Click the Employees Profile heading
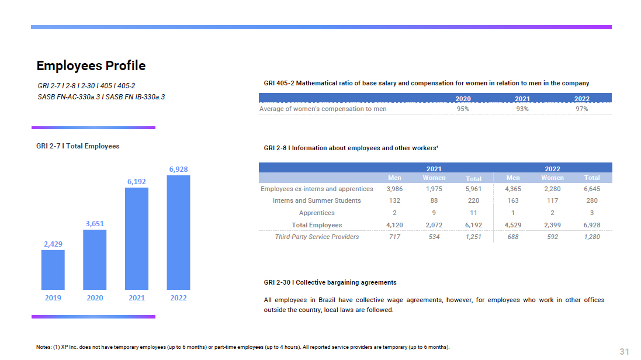91,65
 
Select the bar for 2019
53,269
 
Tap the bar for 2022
178,233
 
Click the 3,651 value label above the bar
95,223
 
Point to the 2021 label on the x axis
137,298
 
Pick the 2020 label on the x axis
95,298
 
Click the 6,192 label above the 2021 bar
137,182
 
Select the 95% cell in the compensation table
463,109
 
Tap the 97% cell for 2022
581,109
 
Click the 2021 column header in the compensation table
522,99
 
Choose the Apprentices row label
317,213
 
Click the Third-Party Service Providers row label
317,237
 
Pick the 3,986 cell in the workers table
394,189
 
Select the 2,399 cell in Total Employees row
552,225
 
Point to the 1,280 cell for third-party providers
591,237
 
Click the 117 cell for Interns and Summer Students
552,200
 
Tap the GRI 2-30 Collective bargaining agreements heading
330,283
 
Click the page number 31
624,351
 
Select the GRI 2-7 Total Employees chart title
78,146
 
